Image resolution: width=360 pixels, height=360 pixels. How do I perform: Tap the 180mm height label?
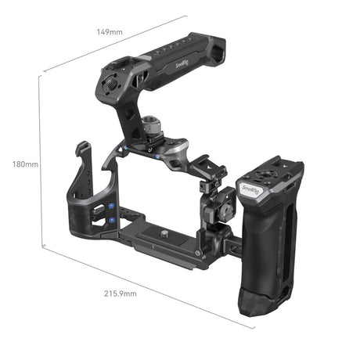(x=25, y=165)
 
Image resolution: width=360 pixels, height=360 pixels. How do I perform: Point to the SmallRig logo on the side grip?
(x=251, y=189)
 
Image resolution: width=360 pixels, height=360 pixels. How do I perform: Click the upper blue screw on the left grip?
(x=110, y=206)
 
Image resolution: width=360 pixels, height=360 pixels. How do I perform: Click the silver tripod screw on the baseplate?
(x=167, y=232)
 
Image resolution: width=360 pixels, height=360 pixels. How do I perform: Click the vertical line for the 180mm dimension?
(x=40, y=164)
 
